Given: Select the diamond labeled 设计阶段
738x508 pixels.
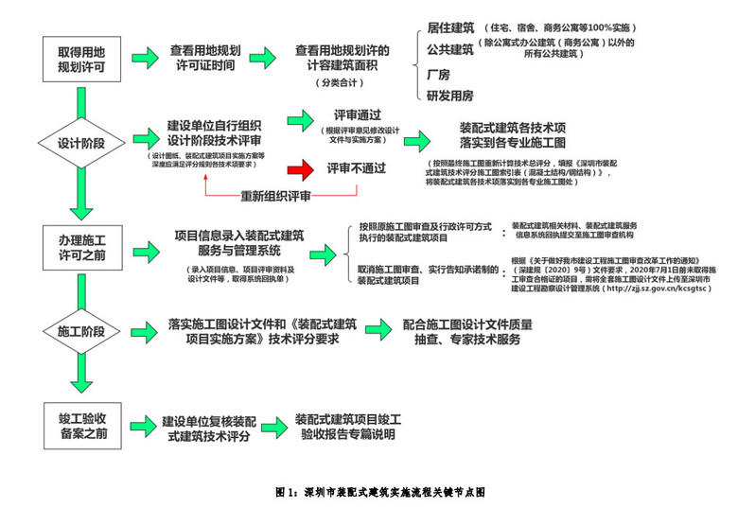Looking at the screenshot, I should click(x=82, y=144).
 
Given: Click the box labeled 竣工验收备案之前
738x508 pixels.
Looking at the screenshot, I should click(x=83, y=424).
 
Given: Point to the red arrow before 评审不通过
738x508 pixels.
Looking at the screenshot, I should click(x=301, y=168).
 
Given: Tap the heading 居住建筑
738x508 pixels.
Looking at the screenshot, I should click(x=450, y=27).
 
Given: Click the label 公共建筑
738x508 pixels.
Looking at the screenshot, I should click(x=450, y=49).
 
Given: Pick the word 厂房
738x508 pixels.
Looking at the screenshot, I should click(x=438, y=74).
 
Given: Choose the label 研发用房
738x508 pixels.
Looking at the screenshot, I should click(x=449, y=95).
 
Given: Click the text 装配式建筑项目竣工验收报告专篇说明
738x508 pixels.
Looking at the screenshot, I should click(x=347, y=427).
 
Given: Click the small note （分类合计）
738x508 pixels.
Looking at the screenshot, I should click(x=339, y=83).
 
